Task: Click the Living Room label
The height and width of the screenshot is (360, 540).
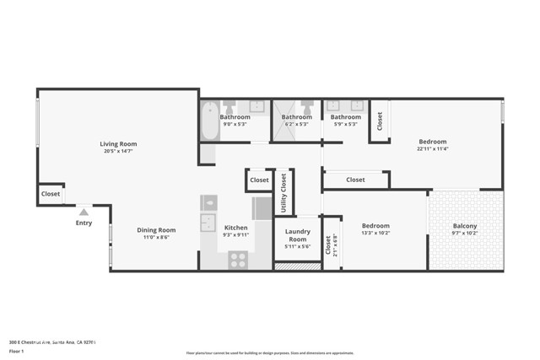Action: point(118,144)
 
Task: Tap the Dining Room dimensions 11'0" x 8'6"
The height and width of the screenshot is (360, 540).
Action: point(156,239)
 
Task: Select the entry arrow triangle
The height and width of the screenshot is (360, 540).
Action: point(84,214)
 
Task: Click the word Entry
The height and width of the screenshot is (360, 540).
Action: point(84,223)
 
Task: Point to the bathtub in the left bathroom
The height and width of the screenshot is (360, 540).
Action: point(208,115)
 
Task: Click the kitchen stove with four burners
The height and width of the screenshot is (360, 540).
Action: point(238,261)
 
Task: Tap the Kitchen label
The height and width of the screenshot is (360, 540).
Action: point(235,228)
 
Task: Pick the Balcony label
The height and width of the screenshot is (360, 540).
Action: point(465,226)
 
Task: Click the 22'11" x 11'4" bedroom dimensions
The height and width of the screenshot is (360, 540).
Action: point(432,149)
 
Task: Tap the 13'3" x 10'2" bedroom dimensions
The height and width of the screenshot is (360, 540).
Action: point(375,234)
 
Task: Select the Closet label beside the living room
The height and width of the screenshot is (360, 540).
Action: point(50,195)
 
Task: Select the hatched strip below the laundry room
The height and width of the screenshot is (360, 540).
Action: point(298,266)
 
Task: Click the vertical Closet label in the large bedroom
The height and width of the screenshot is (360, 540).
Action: point(380,121)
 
